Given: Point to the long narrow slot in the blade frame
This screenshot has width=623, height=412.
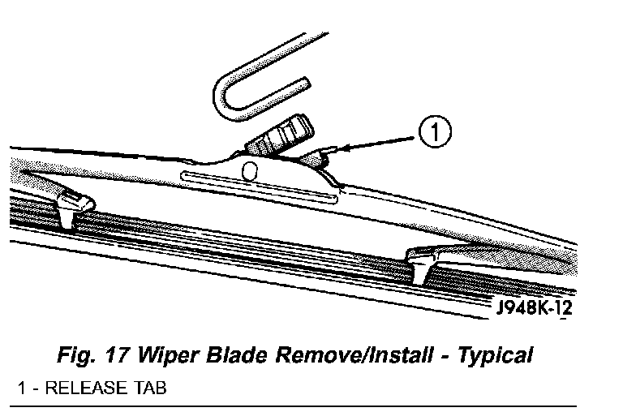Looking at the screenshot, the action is click(x=257, y=187).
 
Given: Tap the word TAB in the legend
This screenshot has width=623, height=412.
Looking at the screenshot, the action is click(x=148, y=388).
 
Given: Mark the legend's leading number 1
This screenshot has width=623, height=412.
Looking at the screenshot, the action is click(x=21, y=388).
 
